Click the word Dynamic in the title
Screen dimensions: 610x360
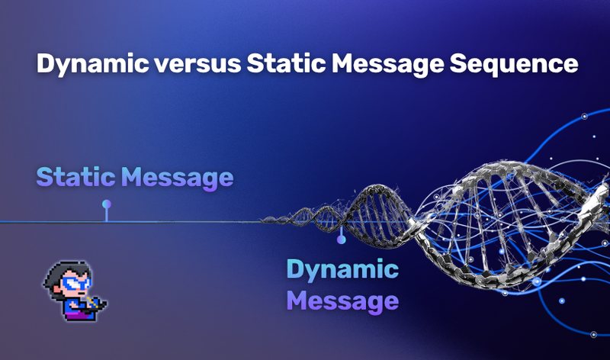point(92,64)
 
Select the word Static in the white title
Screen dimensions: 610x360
point(286,63)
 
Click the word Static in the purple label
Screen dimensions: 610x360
point(75,177)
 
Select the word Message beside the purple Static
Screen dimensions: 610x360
point(178,178)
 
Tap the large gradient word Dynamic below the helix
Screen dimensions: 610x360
point(342,270)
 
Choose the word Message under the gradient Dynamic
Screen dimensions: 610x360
point(342,302)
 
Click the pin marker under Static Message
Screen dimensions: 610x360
point(106,211)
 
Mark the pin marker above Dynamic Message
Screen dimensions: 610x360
point(341,235)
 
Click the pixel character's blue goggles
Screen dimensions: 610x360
point(77,283)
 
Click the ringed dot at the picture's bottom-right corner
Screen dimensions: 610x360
point(594,334)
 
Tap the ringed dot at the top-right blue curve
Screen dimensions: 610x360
point(584,116)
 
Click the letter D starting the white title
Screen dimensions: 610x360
point(46,63)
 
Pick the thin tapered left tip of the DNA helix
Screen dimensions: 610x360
point(262,221)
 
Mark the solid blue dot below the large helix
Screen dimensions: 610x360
point(562,301)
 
